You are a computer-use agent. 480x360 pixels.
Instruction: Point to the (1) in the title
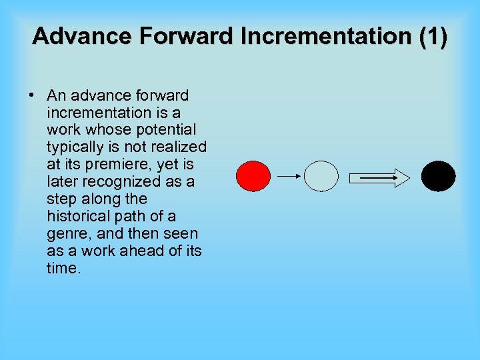(x=432, y=36)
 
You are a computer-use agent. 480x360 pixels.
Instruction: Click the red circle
(x=253, y=177)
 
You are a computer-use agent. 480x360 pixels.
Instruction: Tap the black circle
(x=439, y=177)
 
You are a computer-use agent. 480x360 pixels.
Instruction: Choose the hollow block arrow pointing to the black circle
(x=380, y=177)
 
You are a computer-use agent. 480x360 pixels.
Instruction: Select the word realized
(x=179, y=147)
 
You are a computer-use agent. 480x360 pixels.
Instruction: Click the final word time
(x=63, y=268)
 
